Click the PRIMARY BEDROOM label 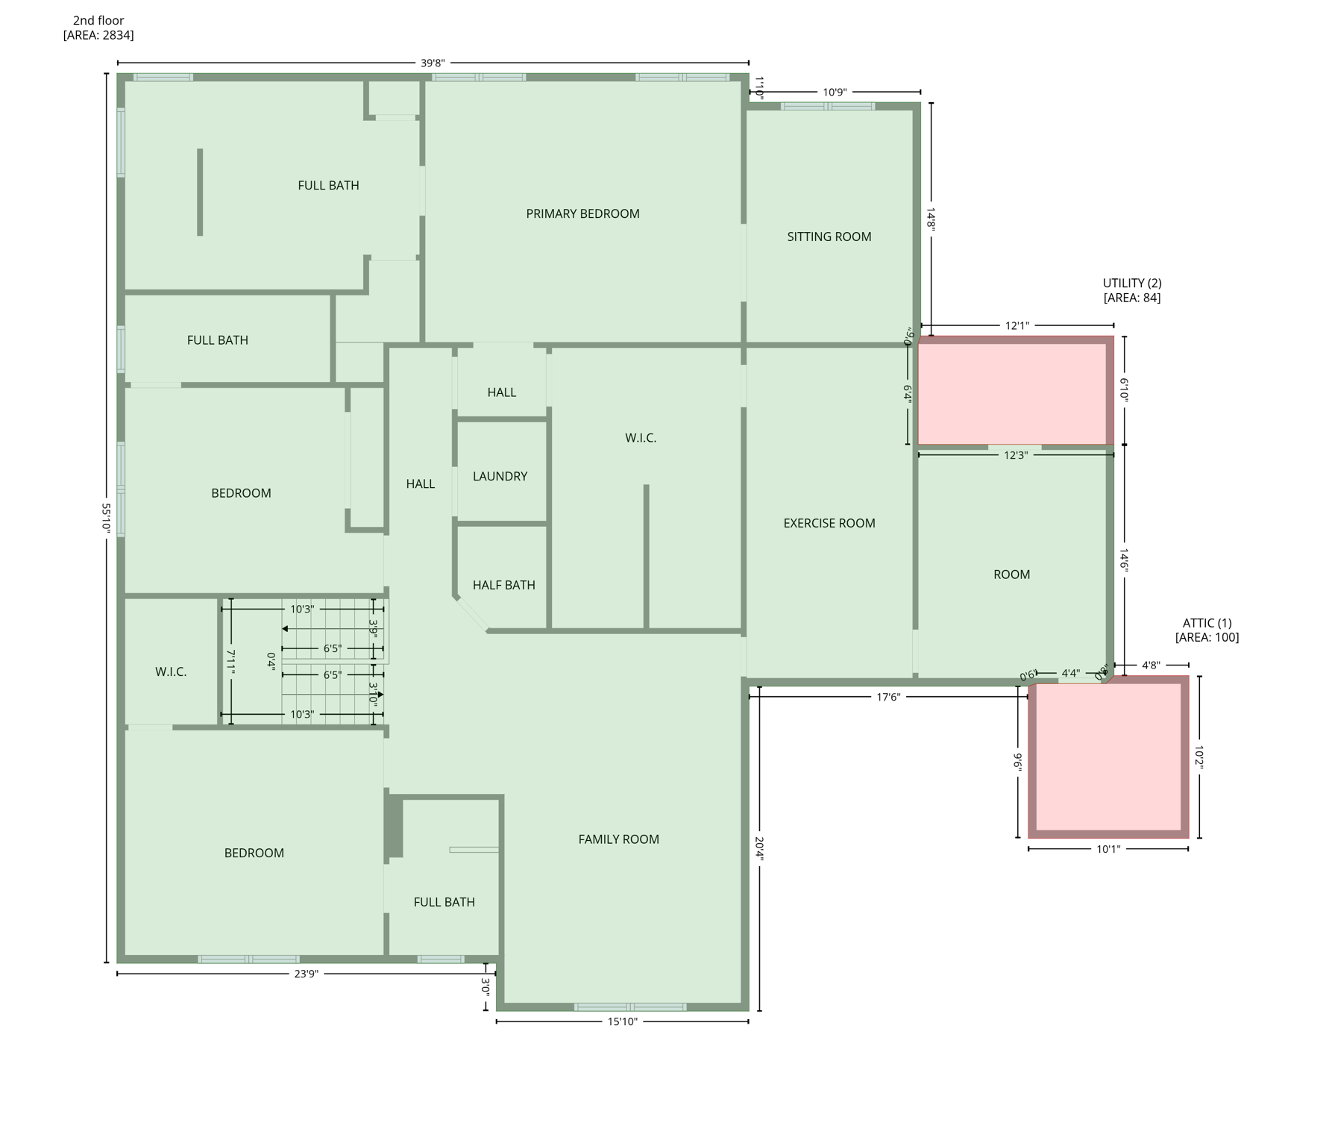[582, 214]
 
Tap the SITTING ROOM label [829, 237]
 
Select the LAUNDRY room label [500, 477]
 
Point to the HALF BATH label [503, 586]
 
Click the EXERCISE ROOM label [829, 524]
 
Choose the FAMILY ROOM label [618, 840]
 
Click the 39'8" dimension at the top [433, 63]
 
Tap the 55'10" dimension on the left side [107, 517]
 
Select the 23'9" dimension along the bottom [306, 974]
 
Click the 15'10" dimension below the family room [622, 1022]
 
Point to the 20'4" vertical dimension [759, 849]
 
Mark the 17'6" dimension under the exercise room [887, 698]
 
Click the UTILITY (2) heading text [1131, 284]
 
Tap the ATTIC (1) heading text [1207, 623]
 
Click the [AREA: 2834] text [98, 35]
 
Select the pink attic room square [1108, 757]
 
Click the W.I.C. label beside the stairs [171, 672]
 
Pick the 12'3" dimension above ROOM [1015, 455]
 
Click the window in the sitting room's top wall [827, 107]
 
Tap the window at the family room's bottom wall [629, 1007]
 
